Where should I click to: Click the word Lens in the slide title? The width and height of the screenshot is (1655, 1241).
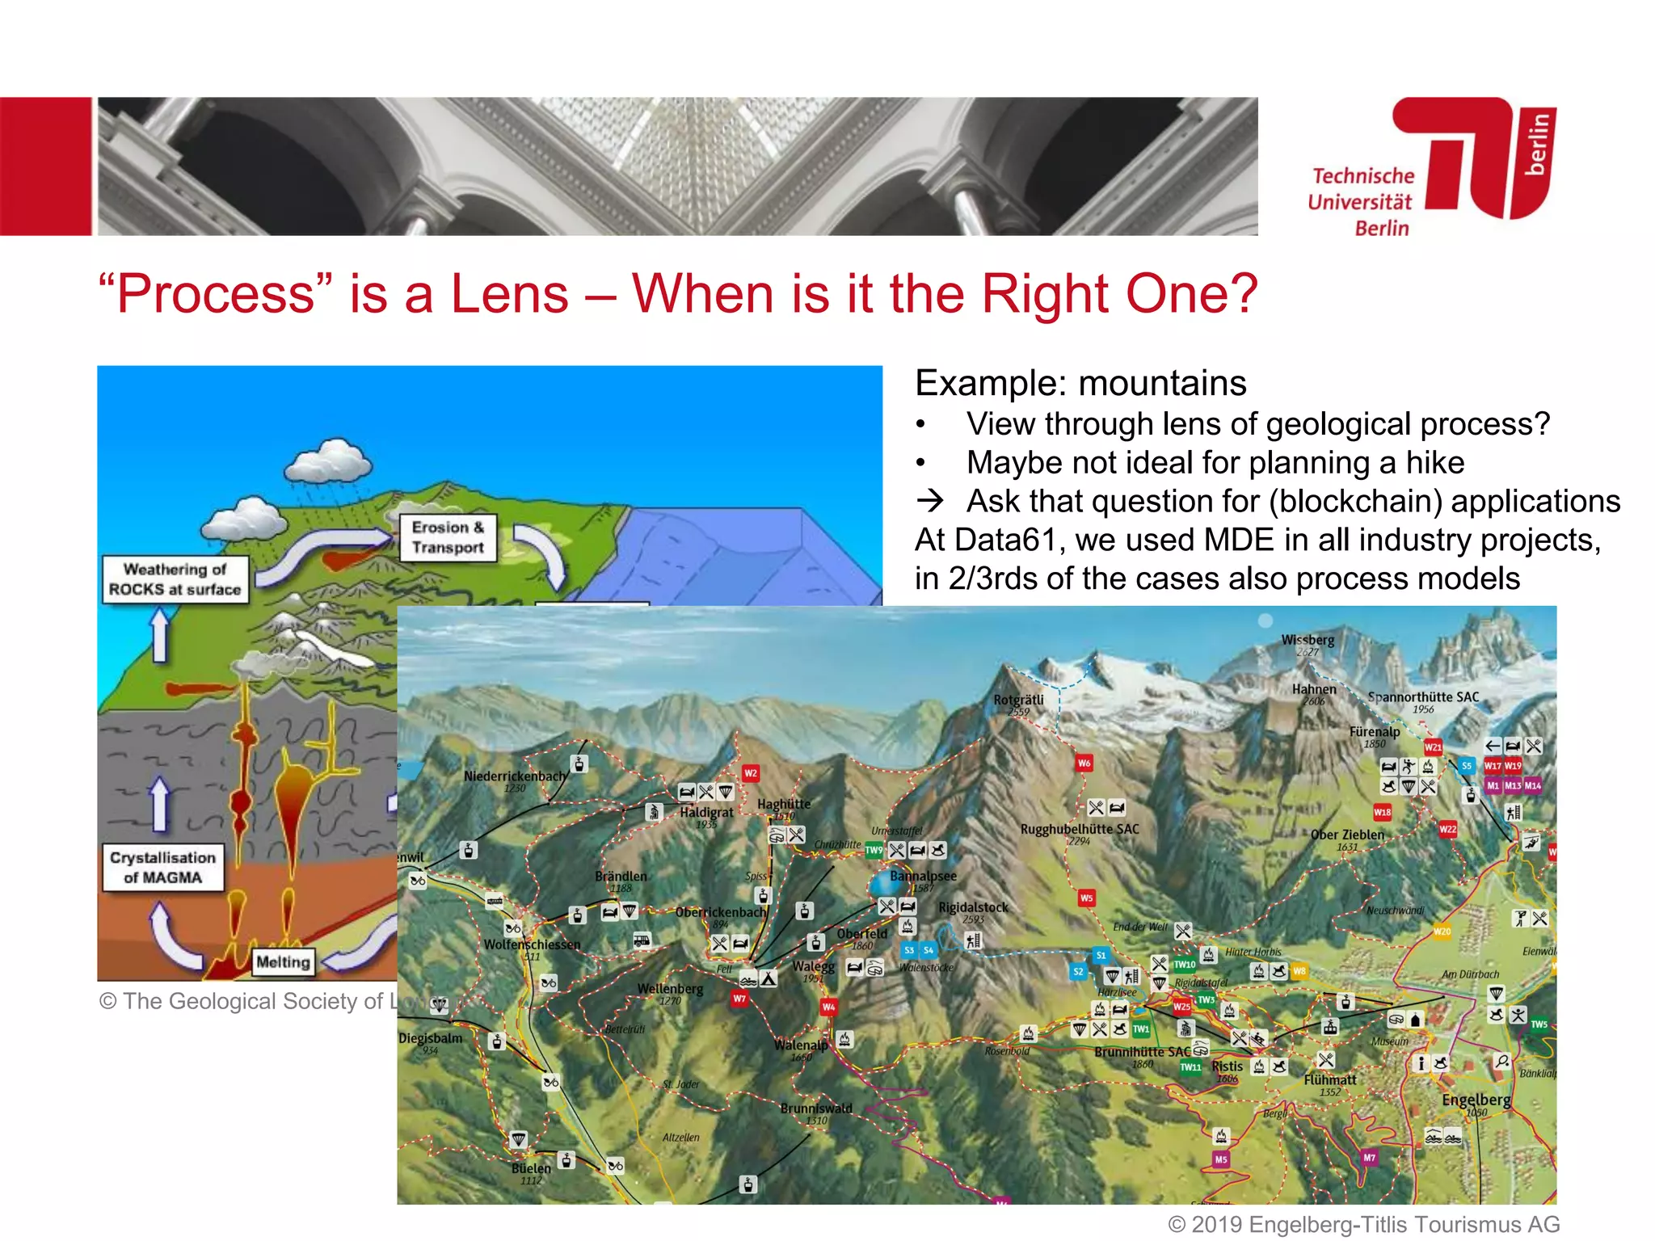click(x=509, y=293)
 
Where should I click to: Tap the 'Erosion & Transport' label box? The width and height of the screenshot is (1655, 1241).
click(x=448, y=537)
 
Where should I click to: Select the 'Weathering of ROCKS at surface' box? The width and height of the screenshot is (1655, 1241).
click(x=175, y=579)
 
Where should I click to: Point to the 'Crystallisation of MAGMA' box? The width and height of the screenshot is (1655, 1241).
click(x=162, y=867)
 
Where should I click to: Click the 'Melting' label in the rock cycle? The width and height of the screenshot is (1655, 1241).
click(x=283, y=961)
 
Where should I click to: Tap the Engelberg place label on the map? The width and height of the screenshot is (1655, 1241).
click(x=1476, y=1100)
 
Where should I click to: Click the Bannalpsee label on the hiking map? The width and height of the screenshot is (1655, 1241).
click(x=923, y=876)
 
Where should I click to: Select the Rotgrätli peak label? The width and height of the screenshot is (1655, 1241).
click(x=1018, y=700)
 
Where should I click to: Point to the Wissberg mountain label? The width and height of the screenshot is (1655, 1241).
click(x=1308, y=640)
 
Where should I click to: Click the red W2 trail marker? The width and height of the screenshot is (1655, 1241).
click(x=751, y=773)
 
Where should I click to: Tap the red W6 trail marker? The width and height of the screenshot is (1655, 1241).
click(x=1084, y=763)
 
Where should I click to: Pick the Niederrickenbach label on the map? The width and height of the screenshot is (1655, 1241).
click(x=516, y=776)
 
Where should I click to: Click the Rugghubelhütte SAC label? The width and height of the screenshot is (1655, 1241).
click(x=1080, y=829)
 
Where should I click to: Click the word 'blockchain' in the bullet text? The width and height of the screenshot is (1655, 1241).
click(x=1355, y=501)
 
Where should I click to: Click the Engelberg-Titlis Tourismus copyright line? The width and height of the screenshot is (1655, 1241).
click(x=1364, y=1225)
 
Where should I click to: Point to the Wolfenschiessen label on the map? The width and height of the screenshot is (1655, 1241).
click(x=532, y=944)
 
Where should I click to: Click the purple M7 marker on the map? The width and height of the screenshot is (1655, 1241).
click(x=1369, y=1158)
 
